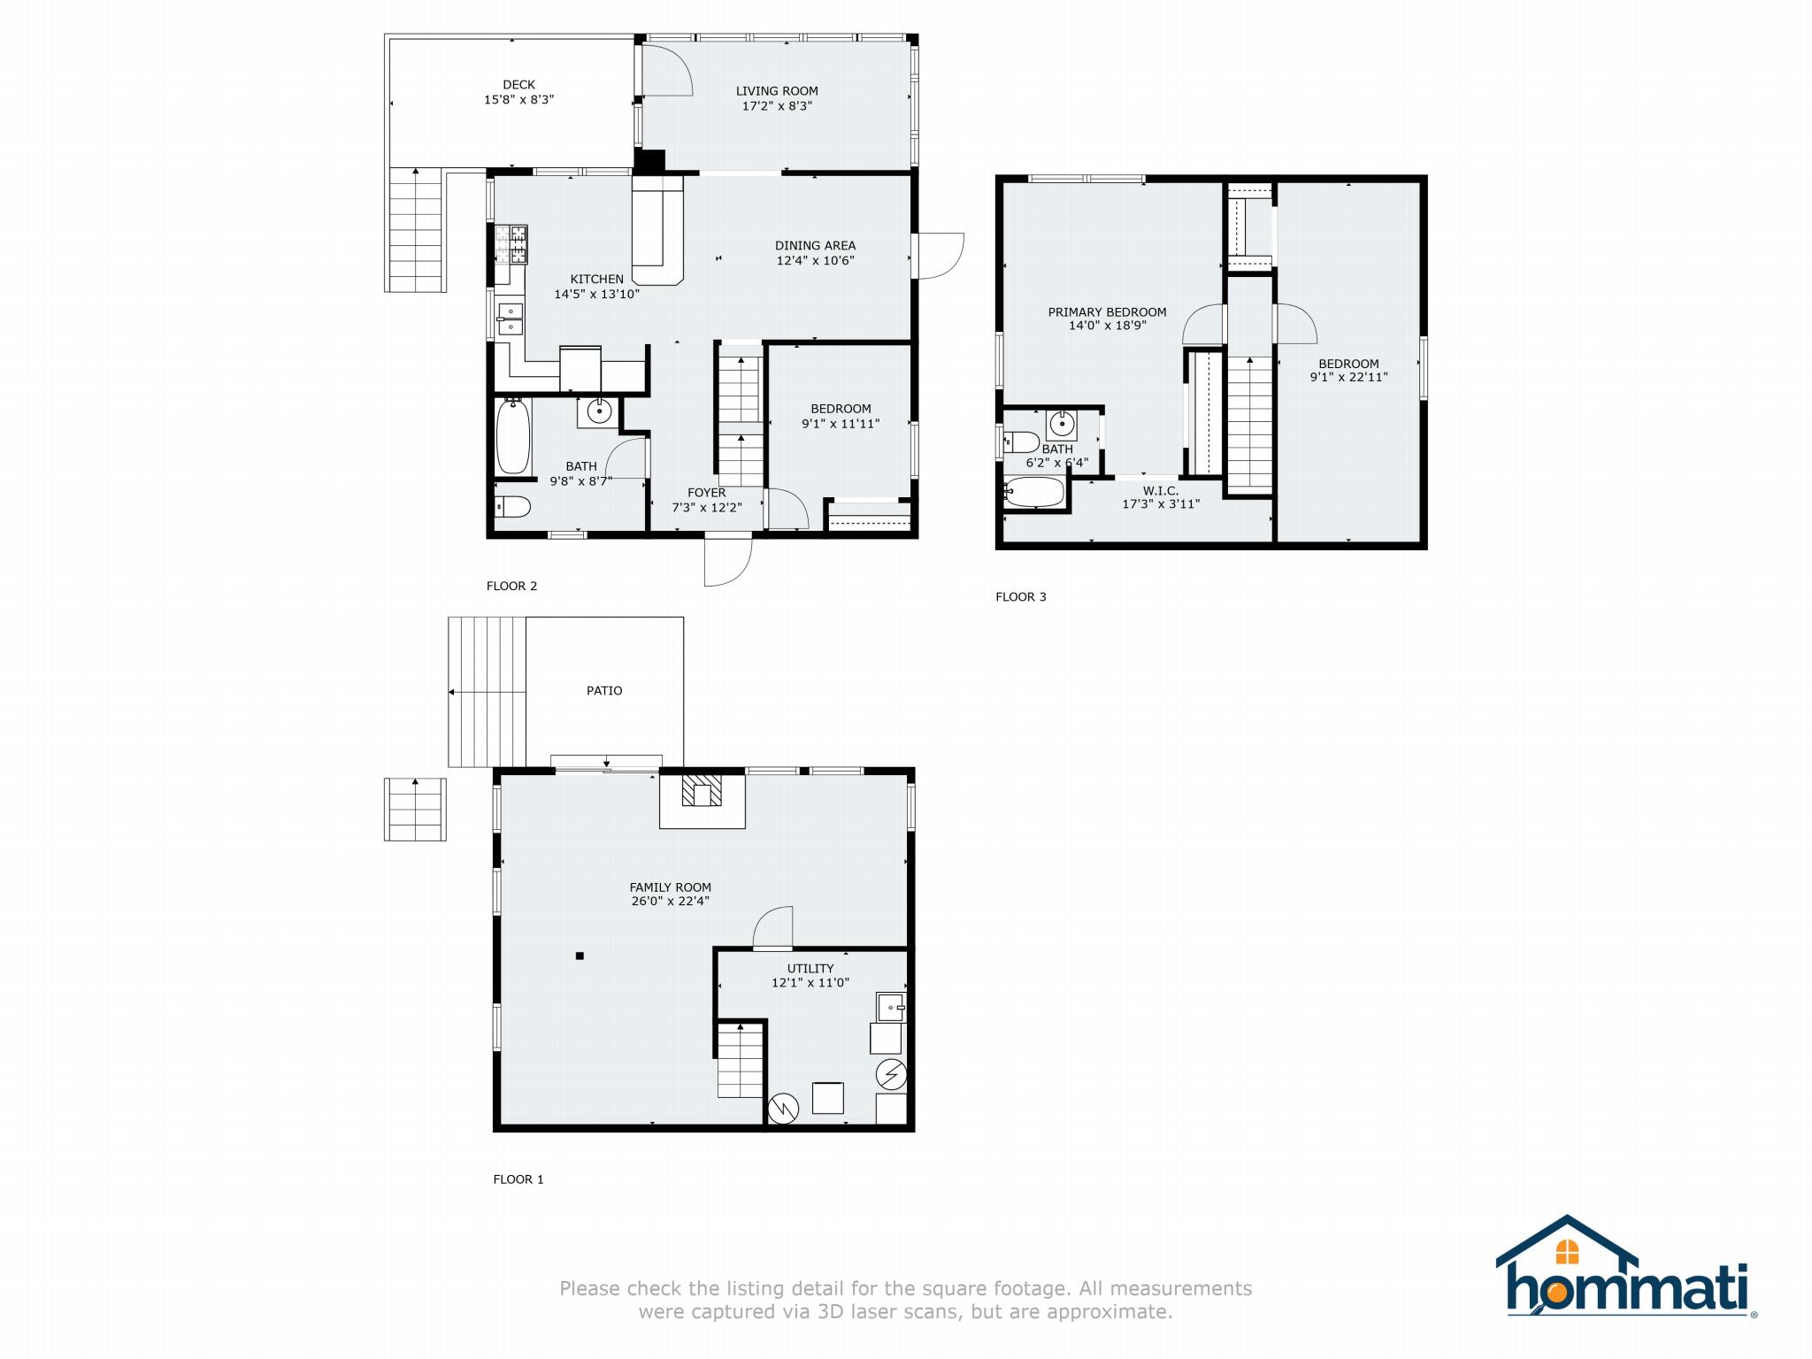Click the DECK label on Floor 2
(x=518, y=85)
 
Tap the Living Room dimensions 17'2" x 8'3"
(x=776, y=105)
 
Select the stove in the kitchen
(x=511, y=245)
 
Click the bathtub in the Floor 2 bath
(x=513, y=438)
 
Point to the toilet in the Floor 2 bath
(x=512, y=507)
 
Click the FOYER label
(x=706, y=493)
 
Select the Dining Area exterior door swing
(x=938, y=256)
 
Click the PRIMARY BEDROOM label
(x=1107, y=311)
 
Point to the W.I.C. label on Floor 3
(x=1160, y=490)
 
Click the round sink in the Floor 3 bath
(x=1062, y=425)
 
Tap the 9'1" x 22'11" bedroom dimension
(x=1348, y=377)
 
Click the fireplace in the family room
(x=702, y=793)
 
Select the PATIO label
(x=604, y=690)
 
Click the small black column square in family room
(x=580, y=956)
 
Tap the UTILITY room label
(x=810, y=968)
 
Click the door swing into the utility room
(x=773, y=928)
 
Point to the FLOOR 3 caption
(x=1020, y=596)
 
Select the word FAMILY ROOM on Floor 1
(x=670, y=887)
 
